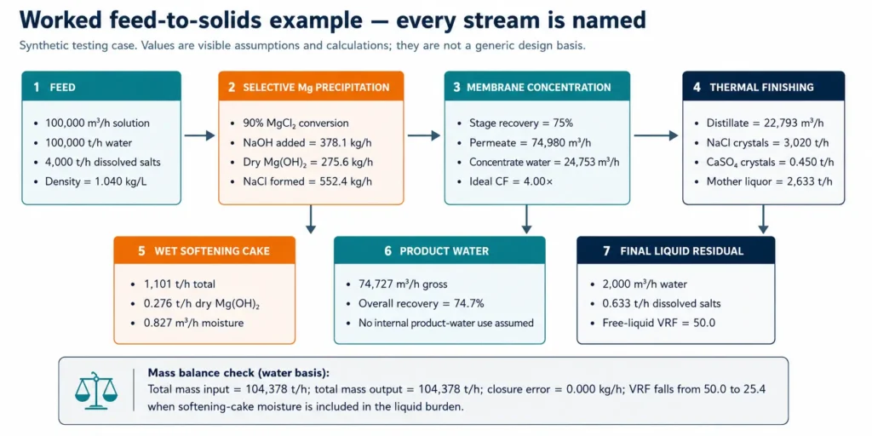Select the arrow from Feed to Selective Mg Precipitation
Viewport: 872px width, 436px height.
point(199,135)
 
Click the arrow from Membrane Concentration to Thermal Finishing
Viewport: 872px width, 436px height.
point(656,135)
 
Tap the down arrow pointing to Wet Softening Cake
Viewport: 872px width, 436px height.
point(311,219)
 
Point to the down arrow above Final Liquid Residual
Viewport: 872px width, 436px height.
point(763,219)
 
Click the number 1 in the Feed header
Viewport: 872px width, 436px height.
point(36,87)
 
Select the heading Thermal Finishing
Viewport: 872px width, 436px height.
point(762,88)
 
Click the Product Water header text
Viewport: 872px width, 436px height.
point(445,251)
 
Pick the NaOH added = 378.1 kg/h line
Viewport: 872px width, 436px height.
point(301,143)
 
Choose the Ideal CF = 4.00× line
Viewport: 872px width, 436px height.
point(503,181)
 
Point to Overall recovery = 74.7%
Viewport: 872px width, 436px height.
point(415,304)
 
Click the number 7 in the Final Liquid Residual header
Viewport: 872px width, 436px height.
point(606,251)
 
